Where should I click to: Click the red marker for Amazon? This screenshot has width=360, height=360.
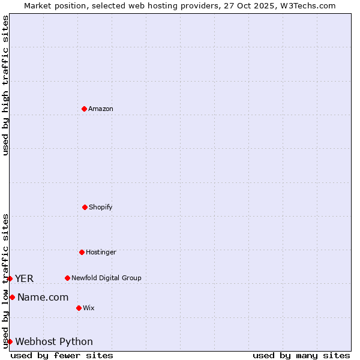point(84,109)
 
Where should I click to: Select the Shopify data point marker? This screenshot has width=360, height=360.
point(85,207)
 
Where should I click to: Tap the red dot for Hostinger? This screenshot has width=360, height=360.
point(82,252)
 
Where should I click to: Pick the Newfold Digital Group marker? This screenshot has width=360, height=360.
point(67,278)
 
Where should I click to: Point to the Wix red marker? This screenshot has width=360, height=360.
point(79,308)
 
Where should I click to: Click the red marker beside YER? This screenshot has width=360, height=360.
point(10,278)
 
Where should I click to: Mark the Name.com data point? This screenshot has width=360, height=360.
point(12,297)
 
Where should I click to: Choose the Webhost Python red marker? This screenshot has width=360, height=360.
point(10,341)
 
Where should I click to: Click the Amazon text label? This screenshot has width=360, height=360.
point(101,109)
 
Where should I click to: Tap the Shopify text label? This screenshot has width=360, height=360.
point(101,207)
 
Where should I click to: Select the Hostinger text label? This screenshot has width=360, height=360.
point(101,252)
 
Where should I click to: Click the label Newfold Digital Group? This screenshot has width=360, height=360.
point(106,278)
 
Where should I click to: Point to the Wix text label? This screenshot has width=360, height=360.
point(89,308)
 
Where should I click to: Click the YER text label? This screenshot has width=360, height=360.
point(25,278)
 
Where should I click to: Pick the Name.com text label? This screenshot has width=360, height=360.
point(43,297)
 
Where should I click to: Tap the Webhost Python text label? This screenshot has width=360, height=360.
point(54,341)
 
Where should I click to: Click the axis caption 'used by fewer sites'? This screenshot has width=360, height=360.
point(62,355)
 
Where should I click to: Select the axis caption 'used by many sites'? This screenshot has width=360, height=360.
point(301,355)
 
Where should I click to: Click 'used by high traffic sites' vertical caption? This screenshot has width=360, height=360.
point(5,85)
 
